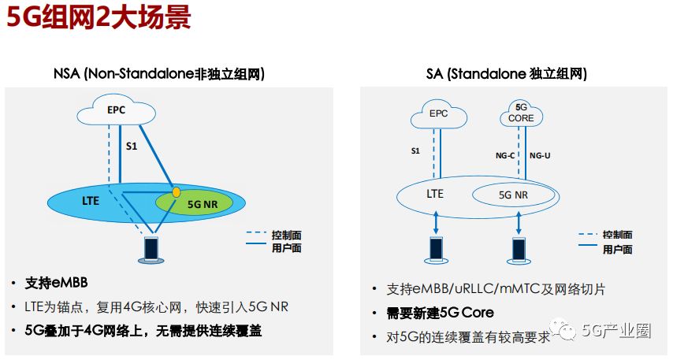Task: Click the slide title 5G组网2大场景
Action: pos(99,17)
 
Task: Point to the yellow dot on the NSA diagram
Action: pos(177,191)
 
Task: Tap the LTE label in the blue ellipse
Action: pos(91,201)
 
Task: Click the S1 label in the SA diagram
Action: pos(416,150)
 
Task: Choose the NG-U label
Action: pos(541,155)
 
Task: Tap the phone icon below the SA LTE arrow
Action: pos(436,249)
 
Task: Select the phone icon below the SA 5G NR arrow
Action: pos(519,249)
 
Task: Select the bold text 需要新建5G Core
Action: pos(441,313)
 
